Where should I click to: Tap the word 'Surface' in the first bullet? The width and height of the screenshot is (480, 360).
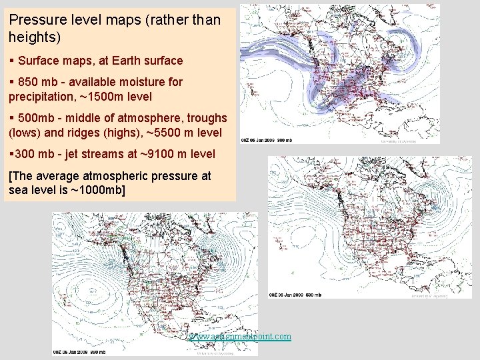click(x=39, y=61)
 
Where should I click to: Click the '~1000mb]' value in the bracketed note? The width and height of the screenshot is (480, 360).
click(x=99, y=190)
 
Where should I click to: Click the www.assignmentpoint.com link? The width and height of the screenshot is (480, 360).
click(x=241, y=336)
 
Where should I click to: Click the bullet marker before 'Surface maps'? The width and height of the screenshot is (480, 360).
click(x=11, y=61)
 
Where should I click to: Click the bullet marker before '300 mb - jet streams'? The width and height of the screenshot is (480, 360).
click(x=11, y=154)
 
